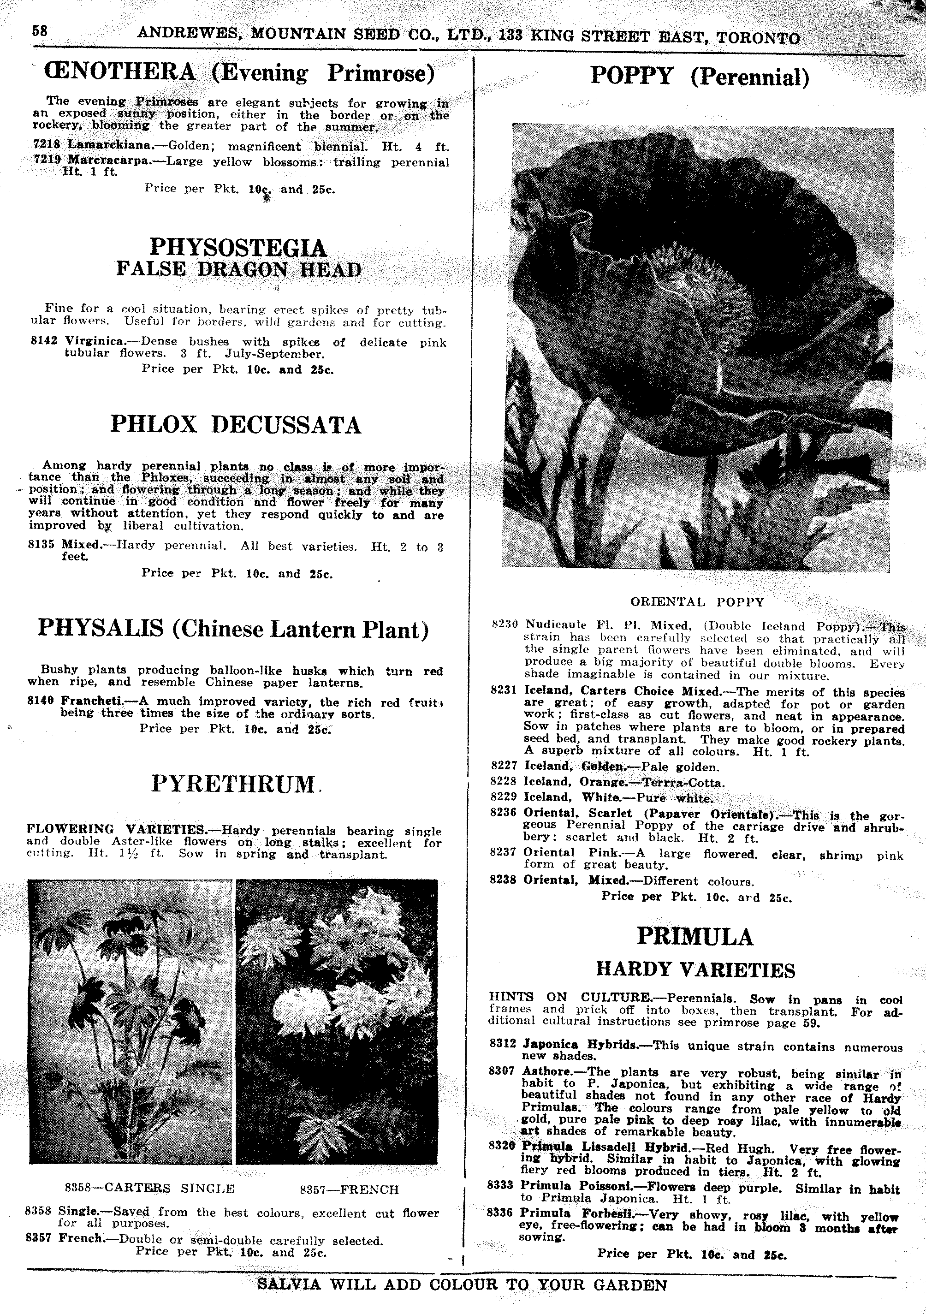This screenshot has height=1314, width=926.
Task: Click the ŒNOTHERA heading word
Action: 121,73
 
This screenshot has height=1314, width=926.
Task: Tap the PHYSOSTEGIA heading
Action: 237,248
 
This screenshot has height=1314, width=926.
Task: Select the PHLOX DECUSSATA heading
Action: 235,425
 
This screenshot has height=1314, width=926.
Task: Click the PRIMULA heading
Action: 695,936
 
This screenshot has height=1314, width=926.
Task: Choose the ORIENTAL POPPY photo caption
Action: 697,601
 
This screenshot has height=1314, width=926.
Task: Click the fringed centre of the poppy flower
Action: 704,286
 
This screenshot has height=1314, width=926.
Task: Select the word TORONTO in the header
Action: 758,38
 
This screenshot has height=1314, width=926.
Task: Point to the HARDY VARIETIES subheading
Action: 695,969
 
